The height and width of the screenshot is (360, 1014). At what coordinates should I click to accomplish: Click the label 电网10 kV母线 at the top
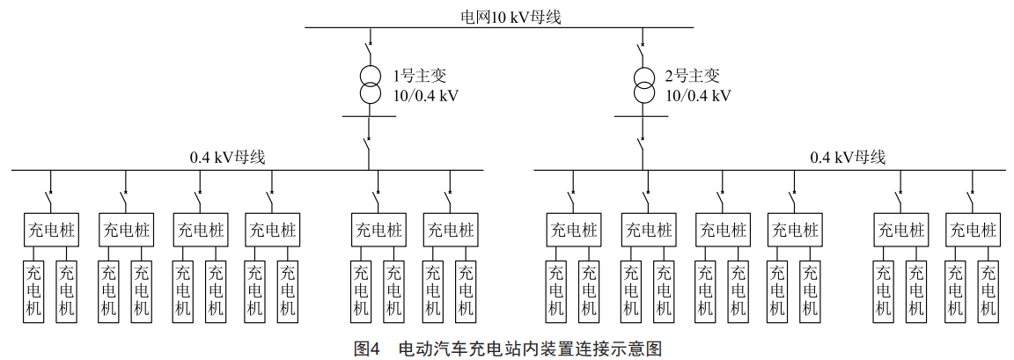point(498,16)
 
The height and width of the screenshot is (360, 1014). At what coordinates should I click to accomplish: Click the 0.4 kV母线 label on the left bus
point(228,158)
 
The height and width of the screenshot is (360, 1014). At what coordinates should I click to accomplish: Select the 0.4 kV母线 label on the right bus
point(848,158)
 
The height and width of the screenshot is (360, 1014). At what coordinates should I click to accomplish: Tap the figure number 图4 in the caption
point(366,349)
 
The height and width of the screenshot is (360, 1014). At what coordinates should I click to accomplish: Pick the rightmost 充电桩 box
point(972,231)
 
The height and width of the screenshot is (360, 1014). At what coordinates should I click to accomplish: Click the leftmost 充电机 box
point(34,290)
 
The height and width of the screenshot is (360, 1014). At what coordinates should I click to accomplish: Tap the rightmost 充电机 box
point(988,290)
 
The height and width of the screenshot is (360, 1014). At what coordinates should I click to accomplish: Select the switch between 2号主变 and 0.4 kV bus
point(643,143)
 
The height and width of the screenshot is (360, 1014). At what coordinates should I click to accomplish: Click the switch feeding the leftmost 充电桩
point(49,190)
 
